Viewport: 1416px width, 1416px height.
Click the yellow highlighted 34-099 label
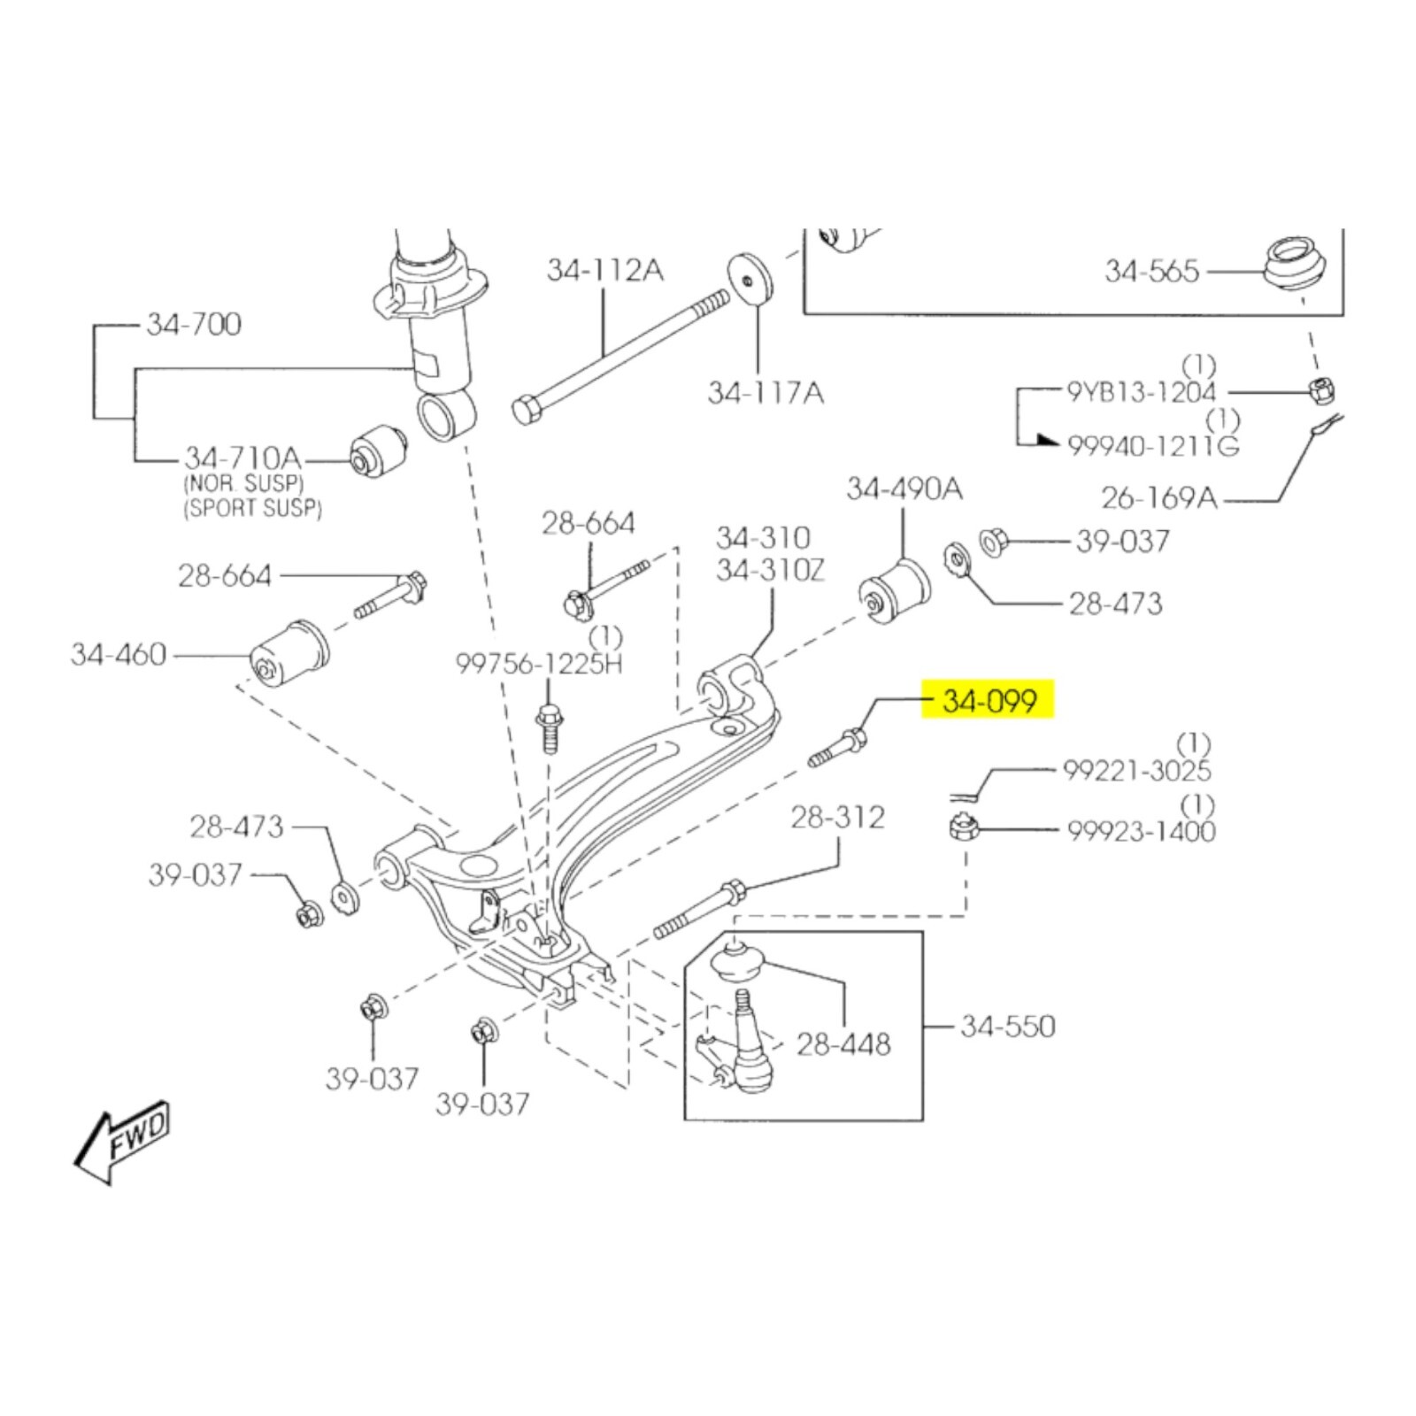(989, 701)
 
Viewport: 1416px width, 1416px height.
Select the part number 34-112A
(604, 270)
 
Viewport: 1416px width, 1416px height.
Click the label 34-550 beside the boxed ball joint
(1008, 1027)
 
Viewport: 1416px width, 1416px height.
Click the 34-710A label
(242, 458)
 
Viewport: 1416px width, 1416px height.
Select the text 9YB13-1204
(1142, 391)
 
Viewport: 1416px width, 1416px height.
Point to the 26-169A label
(1159, 498)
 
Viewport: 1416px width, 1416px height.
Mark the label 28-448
(843, 1044)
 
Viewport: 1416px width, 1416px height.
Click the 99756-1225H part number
(539, 663)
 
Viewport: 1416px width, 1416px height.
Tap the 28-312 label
(837, 817)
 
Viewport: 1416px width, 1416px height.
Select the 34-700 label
(194, 324)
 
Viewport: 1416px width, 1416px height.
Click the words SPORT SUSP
(253, 508)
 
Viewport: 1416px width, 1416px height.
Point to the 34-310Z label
(770, 570)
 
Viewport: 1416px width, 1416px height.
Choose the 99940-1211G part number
(1153, 445)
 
